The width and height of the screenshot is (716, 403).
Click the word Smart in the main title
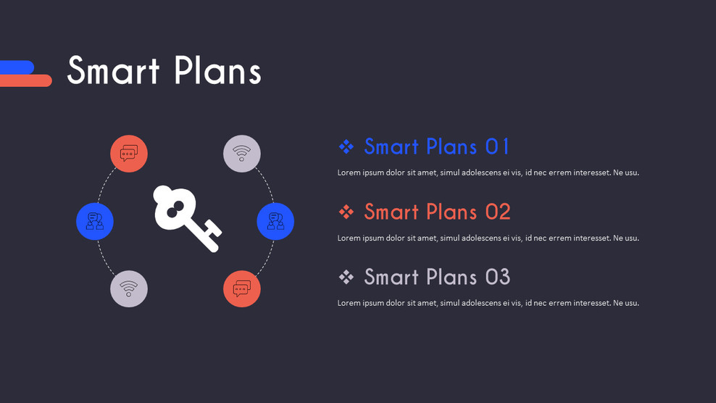tap(113, 71)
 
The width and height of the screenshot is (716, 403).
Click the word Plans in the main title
tap(217, 71)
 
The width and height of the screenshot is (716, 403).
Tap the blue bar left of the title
tap(17, 67)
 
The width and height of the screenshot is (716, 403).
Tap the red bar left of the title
tap(26, 80)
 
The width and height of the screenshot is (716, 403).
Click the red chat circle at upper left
tap(129, 154)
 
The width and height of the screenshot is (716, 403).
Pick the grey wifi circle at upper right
tap(242, 154)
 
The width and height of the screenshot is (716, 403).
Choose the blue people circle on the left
tap(95, 221)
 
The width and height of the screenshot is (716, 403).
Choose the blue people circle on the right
tap(275, 221)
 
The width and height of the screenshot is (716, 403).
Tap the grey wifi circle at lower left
tap(129, 288)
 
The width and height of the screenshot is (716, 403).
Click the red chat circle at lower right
tap(242, 288)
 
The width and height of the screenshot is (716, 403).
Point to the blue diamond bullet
tap(346, 146)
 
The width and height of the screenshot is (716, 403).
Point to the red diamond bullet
tap(346, 212)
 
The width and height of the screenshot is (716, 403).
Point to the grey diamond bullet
tap(346, 277)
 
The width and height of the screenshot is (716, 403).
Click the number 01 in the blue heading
tap(497, 146)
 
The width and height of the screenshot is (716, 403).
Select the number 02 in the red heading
tap(498, 212)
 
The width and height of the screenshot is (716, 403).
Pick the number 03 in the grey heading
tap(498, 277)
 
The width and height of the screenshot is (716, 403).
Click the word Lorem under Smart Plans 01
tap(349, 173)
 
